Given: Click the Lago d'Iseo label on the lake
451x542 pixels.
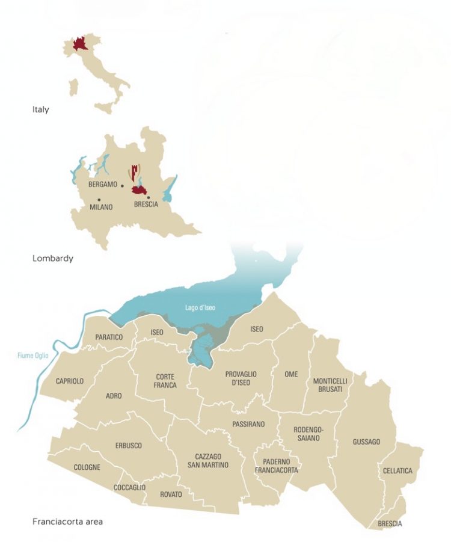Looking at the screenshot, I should click(x=200, y=308).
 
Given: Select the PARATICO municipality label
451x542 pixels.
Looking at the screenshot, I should click(x=109, y=337).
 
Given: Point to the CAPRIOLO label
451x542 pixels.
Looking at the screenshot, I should click(x=70, y=381).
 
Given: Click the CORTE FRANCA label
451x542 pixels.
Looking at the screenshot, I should click(x=165, y=381).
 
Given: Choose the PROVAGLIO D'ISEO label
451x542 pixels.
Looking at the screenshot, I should click(x=241, y=378).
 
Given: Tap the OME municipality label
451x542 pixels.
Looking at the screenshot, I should click(x=291, y=374).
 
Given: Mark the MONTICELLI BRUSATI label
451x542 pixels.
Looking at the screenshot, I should click(x=330, y=386).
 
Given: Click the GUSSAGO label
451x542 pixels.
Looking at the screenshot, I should click(x=366, y=442).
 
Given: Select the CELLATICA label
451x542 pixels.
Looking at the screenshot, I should click(x=397, y=471).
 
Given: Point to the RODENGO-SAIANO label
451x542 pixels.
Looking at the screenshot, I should click(x=309, y=434).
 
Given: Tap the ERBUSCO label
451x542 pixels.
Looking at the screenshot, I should click(x=128, y=446).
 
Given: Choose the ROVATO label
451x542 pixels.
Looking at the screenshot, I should click(x=172, y=494).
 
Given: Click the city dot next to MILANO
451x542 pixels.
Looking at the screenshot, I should click(x=100, y=199).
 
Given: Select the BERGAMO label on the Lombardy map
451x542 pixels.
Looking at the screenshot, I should click(x=102, y=184).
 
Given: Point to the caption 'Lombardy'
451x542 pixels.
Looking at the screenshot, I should click(x=52, y=258).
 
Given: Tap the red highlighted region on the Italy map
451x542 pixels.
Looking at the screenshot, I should click(x=79, y=44).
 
